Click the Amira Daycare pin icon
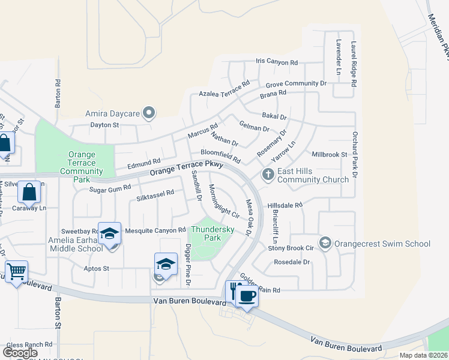click(x=149, y=113)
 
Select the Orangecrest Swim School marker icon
click(x=325, y=243)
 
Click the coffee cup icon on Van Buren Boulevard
click(x=246, y=294)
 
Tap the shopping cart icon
click(x=16, y=272)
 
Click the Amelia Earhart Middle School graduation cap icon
click(x=110, y=233)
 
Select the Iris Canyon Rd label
click(x=277, y=62)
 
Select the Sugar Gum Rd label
click(x=110, y=189)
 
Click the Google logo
click(x=20, y=353)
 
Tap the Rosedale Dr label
click(x=291, y=262)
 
